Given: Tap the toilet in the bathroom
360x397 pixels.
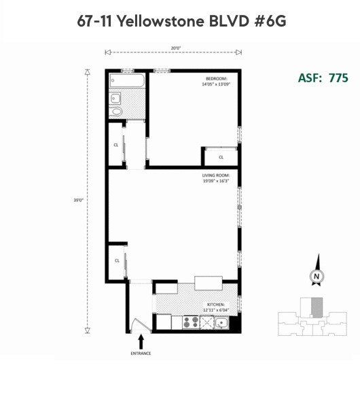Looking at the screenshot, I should pos(116,111).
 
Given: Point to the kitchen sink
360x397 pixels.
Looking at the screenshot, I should pos(221,322).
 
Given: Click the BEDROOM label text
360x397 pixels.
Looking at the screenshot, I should pos(216,79).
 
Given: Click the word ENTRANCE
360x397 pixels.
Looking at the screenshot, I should pos(141,353).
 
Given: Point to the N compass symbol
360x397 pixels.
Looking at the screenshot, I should pos(316,276).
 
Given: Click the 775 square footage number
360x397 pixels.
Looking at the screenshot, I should pos(338,77).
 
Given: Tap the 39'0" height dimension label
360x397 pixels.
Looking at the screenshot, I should pos(79,201).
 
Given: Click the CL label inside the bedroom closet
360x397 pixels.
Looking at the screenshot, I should pos(221,157).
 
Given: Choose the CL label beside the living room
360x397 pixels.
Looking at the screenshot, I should pos(117,260).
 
